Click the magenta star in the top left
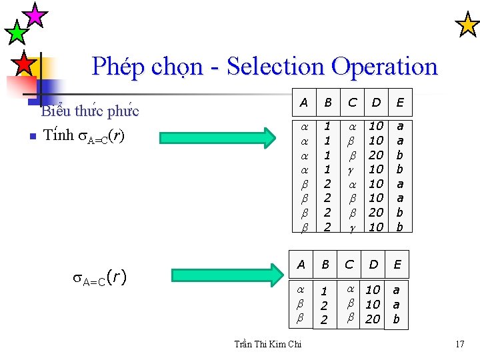(x=35, y=14)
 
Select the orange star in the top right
(x=467, y=25)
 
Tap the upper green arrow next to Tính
(x=218, y=137)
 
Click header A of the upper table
(x=304, y=103)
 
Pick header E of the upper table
(x=401, y=103)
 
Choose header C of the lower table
(x=349, y=265)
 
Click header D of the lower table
(x=373, y=265)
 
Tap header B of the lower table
(x=325, y=265)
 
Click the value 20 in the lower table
(x=373, y=319)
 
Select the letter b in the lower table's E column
(x=397, y=319)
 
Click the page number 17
(x=459, y=344)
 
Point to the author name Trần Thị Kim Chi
(x=268, y=344)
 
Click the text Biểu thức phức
(x=90, y=111)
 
